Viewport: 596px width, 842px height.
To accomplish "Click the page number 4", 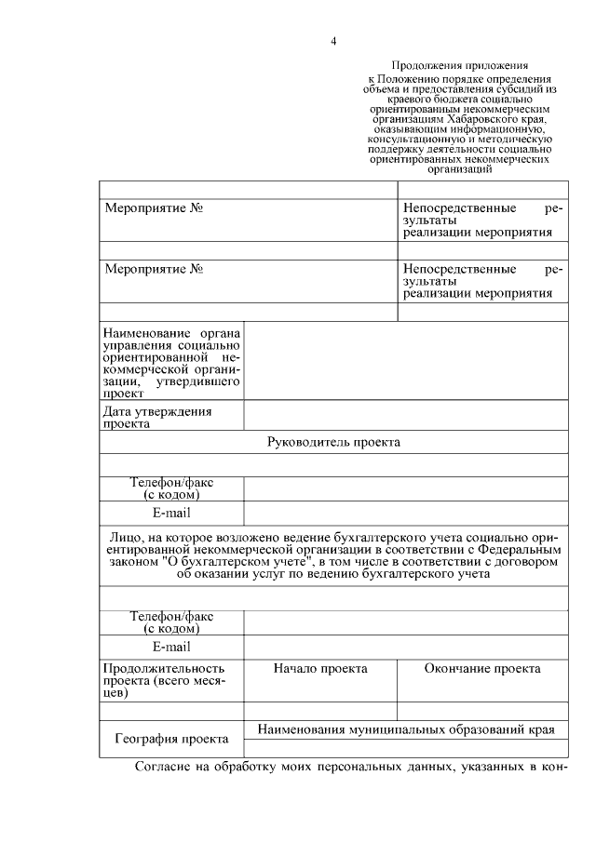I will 332,41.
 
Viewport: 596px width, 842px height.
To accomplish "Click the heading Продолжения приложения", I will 460,66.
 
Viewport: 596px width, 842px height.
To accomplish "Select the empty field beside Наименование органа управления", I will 405,361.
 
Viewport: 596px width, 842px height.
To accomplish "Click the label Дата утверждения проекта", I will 158,417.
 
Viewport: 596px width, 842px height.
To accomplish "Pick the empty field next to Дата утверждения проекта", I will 405,416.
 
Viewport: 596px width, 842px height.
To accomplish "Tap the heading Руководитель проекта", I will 333,443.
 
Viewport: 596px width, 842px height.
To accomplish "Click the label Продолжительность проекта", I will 164,668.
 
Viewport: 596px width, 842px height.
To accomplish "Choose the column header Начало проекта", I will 320,668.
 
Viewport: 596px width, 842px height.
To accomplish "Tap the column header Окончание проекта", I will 481,668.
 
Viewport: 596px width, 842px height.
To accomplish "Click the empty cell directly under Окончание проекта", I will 481,712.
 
